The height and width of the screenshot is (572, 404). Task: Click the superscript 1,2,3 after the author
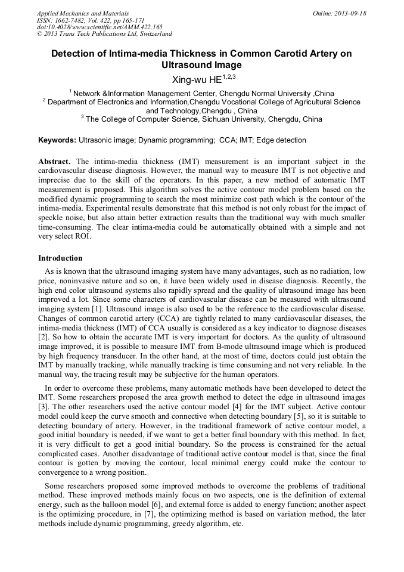(x=229, y=76)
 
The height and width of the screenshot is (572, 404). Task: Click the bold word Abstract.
(x=55, y=162)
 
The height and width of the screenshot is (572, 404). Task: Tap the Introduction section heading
(x=60, y=258)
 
